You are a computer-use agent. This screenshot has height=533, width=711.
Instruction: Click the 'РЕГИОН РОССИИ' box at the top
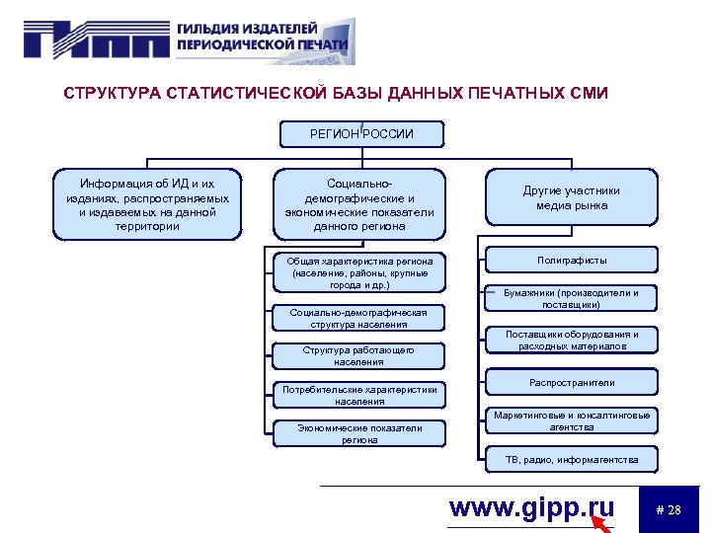coord(361,134)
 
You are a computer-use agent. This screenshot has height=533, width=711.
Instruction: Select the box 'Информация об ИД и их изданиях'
coord(147,205)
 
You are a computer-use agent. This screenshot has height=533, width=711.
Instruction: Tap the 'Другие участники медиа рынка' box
coord(572,198)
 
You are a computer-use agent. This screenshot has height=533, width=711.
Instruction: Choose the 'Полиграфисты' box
coord(572,261)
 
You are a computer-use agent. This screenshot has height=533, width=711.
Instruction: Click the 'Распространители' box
coord(572,383)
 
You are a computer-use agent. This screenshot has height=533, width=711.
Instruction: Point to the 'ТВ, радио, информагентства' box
coord(572,460)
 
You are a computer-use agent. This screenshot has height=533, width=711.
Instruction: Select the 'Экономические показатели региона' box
coord(359,434)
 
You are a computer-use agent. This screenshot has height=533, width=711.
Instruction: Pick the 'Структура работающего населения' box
coord(359,356)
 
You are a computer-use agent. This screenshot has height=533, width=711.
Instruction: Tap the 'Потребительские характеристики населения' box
coord(359,396)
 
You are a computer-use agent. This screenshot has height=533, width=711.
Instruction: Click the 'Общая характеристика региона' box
coord(359,273)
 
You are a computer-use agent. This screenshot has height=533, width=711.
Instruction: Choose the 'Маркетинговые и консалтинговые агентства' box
coord(572,421)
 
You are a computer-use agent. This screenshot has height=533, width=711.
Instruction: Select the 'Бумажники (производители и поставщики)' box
coord(572,299)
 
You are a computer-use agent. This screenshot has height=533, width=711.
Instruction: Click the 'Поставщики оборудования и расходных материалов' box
coord(572,341)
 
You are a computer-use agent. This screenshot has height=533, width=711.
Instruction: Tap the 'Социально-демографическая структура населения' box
coord(359,318)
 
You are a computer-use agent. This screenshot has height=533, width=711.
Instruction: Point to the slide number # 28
coord(669,510)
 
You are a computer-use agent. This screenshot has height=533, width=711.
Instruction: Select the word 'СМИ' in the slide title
coord(588,94)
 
